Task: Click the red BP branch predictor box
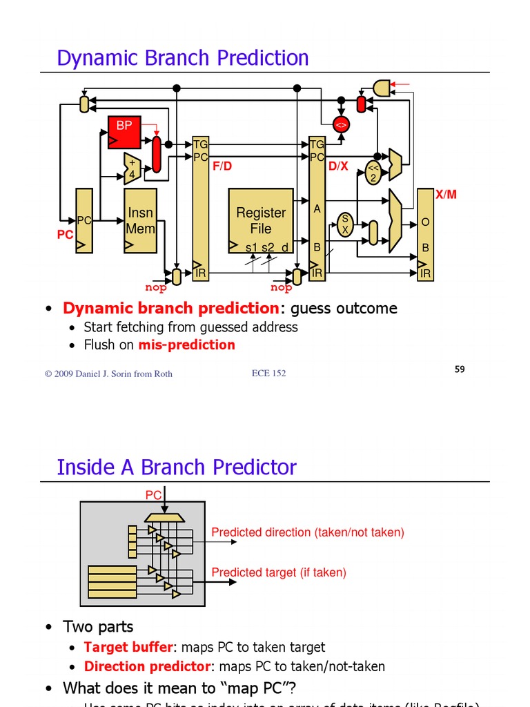coord(124,132)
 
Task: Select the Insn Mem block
coord(140,220)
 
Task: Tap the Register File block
coord(261,220)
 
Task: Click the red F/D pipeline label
coord(222,166)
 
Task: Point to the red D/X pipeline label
coord(338,166)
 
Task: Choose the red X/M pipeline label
coord(446,195)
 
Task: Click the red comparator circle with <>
coord(341,124)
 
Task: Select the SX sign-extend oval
coord(345,225)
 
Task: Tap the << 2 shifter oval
coord(373,173)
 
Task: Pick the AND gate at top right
coord(381,88)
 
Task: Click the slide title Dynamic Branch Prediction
coord(183,58)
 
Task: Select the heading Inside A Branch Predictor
coord(177,467)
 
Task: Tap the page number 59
coord(460,369)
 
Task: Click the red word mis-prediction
coord(186,345)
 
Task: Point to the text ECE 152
coord(268,374)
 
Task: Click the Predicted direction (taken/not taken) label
coord(308,532)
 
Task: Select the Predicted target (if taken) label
coord(279,572)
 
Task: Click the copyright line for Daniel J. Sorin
coord(108,374)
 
